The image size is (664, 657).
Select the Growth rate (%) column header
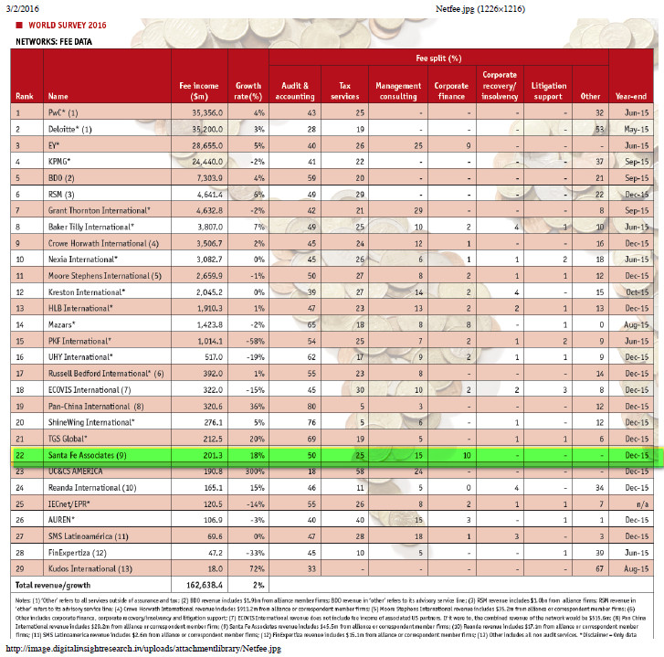pyautogui.click(x=248, y=90)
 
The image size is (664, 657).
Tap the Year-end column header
pyautogui.click(x=631, y=95)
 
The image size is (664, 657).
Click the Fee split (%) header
pyautogui.click(x=438, y=58)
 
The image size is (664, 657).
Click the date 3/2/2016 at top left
pyautogui.click(x=25, y=7)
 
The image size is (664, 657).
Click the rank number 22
pyautogui.click(x=19, y=454)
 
